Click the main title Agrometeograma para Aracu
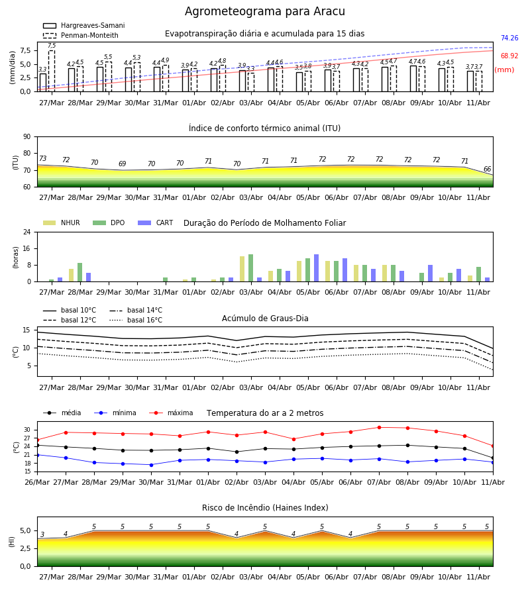coord(264,11)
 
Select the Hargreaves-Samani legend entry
coord(83,25)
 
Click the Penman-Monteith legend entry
coord(81,35)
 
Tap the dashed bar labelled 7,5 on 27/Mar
coord(52,71)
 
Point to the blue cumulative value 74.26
coord(509,38)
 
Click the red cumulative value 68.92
coord(509,56)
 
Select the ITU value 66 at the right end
coord(487,169)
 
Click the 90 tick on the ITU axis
coord(27,137)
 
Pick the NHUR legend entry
coord(62,223)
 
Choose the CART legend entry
coord(156,223)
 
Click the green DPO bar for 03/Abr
coord(251,268)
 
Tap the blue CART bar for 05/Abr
coord(316,268)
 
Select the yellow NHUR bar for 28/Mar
coord(71,275)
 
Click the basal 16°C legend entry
coord(136,320)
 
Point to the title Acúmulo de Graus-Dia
coord(265,319)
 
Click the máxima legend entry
coord(171,413)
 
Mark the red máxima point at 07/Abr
coord(380,427)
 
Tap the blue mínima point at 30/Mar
coord(151,465)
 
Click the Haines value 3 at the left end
coord(42,534)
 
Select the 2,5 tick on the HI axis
coord(26,548)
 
